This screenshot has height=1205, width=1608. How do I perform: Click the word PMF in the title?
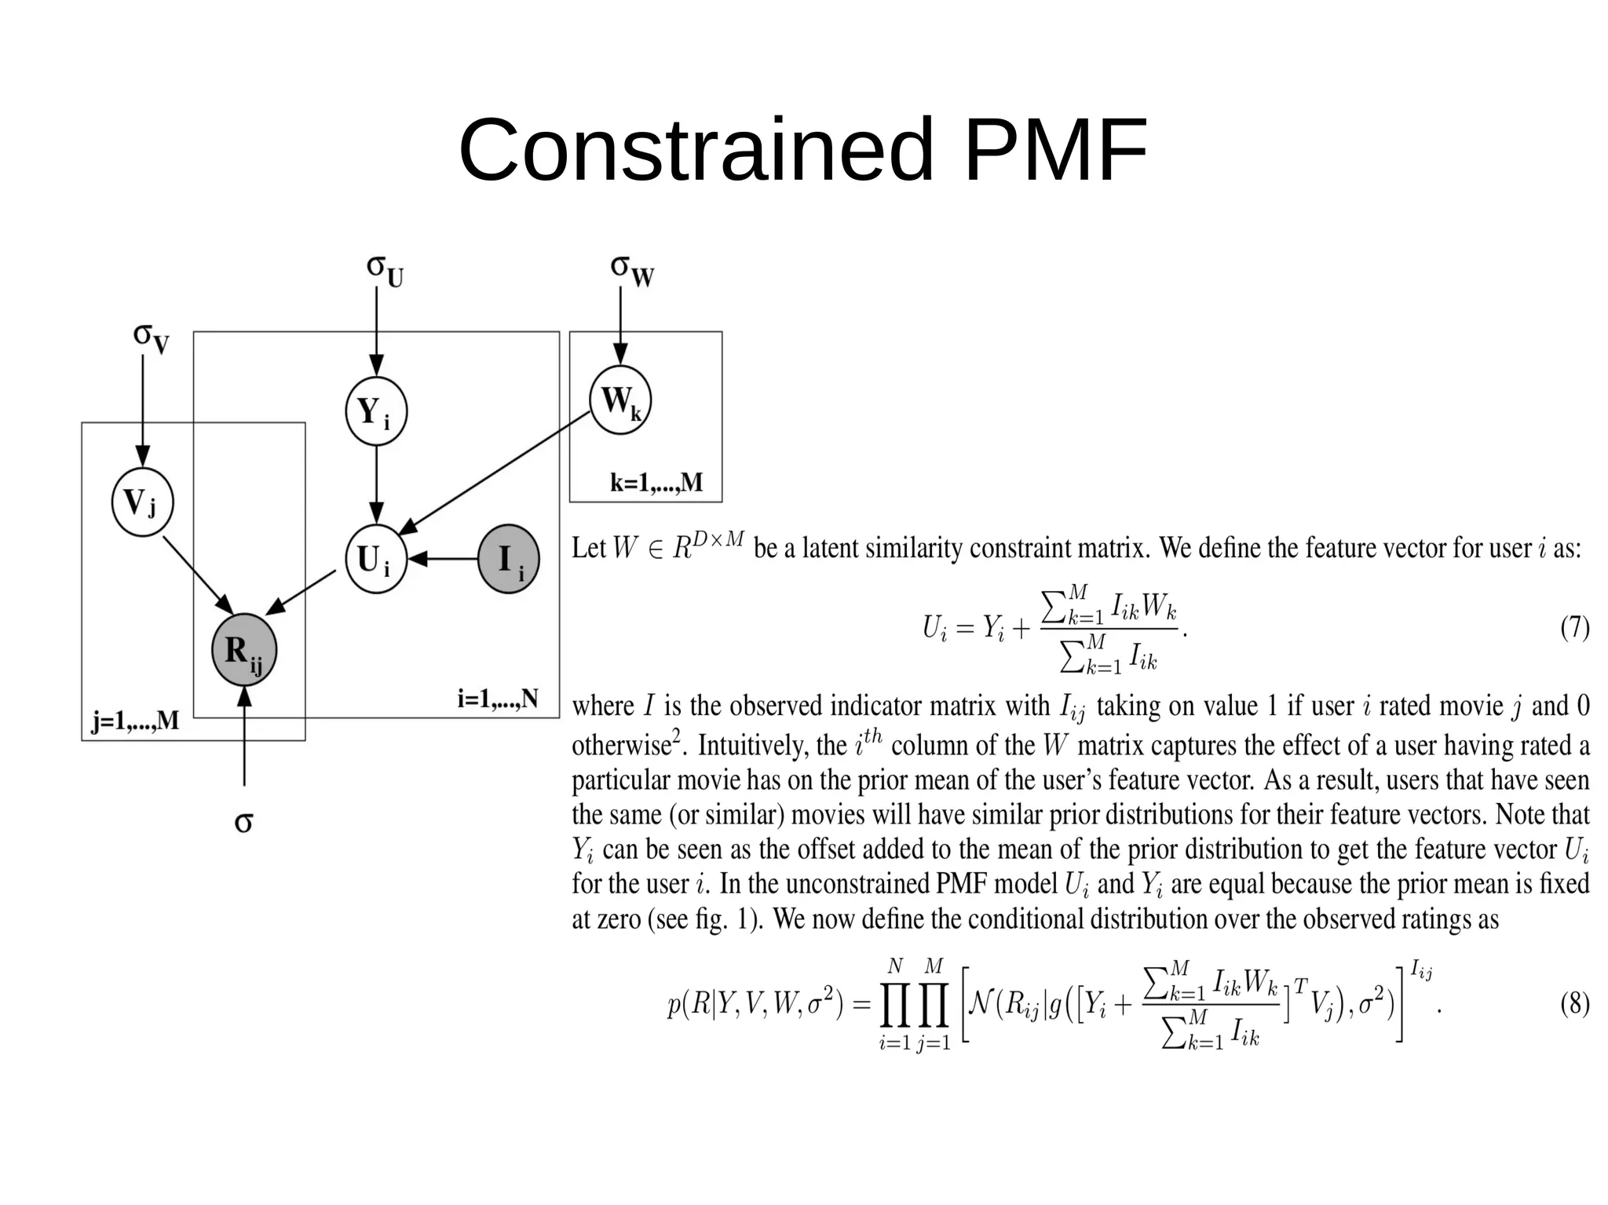[x=1054, y=149]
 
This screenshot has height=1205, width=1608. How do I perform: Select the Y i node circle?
[x=376, y=411]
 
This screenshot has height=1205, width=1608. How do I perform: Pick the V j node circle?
[x=141, y=502]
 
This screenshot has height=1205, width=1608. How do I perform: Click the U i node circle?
[x=376, y=559]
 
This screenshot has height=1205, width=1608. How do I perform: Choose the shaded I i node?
[x=508, y=559]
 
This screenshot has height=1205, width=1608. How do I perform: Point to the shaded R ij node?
[x=243, y=650]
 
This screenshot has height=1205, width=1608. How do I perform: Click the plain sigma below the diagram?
[x=243, y=822]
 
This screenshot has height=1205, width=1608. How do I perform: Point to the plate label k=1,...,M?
[x=656, y=482]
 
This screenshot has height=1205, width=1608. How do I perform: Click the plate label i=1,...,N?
[x=498, y=698]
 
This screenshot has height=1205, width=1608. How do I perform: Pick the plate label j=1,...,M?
[x=136, y=720]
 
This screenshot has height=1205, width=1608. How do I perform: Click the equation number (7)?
[x=1574, y=627]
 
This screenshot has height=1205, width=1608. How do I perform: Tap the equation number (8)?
[x=1574, y=1003]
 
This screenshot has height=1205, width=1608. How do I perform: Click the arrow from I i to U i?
[x=444, y=559]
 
